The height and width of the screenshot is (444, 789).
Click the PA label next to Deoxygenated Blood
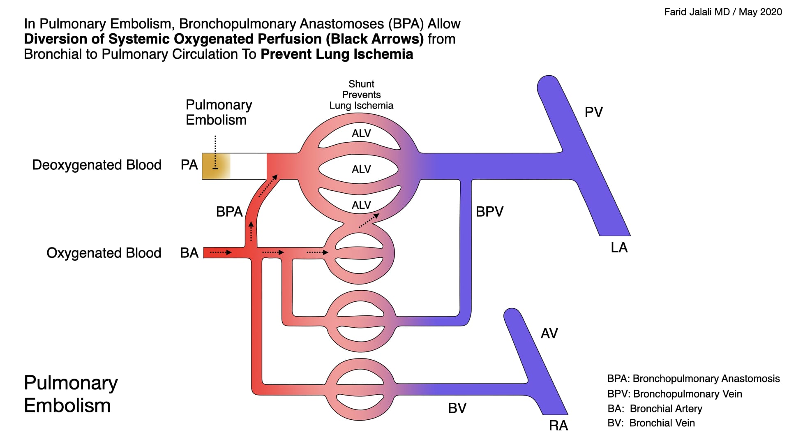[x=189, y=165]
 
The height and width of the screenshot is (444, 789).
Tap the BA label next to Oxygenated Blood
[x=189, y=253]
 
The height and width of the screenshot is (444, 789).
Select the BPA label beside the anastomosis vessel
[x=229, y=212]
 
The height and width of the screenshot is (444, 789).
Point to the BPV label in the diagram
[x=489, y=212]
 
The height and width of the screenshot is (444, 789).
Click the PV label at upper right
[x=593, y=112]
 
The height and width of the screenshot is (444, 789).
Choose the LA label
[x=619, y=247]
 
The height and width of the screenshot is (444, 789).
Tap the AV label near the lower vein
[x=549, y=333]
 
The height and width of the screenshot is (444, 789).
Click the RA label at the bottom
[x=558, y=425]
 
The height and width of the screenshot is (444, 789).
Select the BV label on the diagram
[x=457, y=408]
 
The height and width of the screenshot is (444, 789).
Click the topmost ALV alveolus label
[x=361, y=133]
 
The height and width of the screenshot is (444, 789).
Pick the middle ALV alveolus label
[x=361, y=169]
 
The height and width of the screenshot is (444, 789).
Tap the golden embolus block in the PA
[x=215, y=166]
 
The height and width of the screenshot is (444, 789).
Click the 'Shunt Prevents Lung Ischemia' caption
[x=361, y=95]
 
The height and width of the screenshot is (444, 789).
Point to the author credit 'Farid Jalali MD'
[x=697, y=12]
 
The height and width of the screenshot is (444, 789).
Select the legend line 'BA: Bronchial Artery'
[x=655, y=409]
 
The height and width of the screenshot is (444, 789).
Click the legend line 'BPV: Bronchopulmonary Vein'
[x=674, y=394]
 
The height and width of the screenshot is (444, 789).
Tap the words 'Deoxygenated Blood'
[x=97, y=165]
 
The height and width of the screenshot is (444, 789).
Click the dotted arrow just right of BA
[x=221, y=252]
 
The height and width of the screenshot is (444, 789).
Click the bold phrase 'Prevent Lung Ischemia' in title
[x=337, y=54]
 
